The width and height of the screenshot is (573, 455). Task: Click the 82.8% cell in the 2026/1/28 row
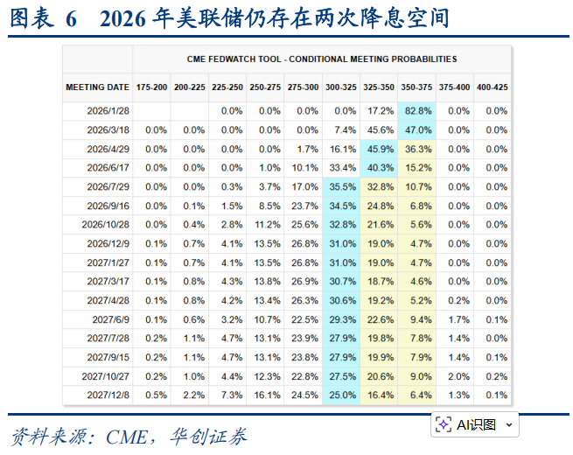417,111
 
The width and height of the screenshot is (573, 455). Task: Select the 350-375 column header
417,87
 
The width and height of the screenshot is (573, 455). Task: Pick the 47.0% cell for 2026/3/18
417,129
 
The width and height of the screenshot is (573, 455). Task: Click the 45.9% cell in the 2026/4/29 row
379,149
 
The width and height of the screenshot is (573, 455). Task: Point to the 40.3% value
379,167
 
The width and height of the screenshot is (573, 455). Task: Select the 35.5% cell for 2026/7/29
341,186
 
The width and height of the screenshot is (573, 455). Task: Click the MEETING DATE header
97,87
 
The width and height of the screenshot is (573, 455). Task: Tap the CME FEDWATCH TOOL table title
322,59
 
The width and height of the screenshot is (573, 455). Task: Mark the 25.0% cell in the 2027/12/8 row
341,395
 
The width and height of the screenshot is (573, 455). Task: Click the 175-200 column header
151,87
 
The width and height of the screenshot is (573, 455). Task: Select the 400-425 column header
493,87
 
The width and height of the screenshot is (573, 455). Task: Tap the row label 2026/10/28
106,224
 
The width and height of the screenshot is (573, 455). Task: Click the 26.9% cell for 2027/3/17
304,281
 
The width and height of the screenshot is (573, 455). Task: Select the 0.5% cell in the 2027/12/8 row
156,395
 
